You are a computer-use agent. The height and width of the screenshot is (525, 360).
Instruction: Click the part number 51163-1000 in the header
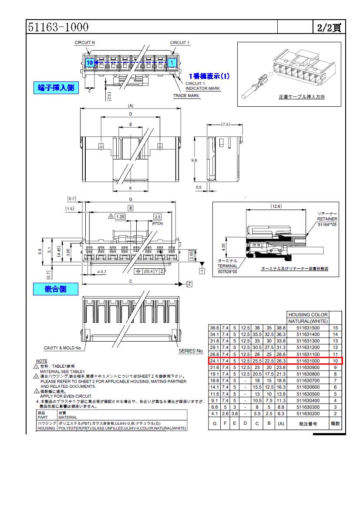(58, 27)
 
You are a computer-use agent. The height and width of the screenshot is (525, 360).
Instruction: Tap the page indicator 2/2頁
(329, 27)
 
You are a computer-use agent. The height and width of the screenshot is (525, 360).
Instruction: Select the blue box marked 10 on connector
(89, 63)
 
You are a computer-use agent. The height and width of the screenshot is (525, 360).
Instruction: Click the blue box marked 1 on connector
(172, 63)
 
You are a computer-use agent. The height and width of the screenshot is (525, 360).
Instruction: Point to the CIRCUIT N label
(85, 43)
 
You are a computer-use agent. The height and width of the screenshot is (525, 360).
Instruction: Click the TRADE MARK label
(186, 95)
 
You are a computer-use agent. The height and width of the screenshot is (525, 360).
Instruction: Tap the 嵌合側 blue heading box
(56, 289)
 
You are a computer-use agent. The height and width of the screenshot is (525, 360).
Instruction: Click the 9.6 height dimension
(194, 160)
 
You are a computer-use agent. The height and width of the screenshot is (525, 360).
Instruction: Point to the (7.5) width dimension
(225, 125)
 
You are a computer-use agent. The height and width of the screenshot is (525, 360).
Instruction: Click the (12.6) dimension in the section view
(276, 206)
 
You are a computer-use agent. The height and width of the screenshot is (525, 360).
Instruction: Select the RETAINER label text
(327, 219)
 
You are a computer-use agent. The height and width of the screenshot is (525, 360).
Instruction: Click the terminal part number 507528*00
(228, 272)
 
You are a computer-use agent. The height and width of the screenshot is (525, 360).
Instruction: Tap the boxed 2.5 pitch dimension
(158, 217)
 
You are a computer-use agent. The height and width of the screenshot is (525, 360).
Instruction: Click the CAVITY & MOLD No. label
(63, 348)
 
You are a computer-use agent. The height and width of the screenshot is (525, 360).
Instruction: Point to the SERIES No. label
(191, 351)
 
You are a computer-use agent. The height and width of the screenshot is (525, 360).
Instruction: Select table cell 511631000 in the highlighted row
(308, 361)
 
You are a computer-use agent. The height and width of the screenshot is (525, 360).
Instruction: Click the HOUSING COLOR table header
(308, 314)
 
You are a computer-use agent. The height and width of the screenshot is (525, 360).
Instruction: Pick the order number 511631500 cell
(308, 328)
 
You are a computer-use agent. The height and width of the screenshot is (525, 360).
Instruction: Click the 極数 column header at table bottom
(335, 423)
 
